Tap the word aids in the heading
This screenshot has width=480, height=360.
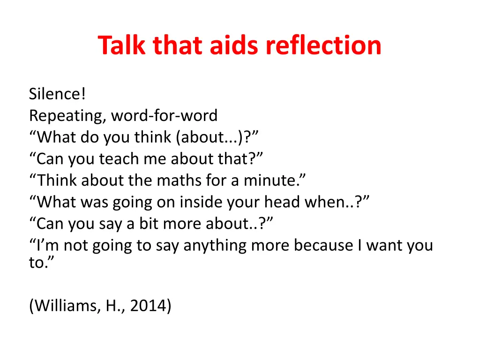[235, 45]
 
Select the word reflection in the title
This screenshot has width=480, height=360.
[323, 45]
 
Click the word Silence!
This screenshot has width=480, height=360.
[57, 94]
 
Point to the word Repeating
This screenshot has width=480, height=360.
[67, 116]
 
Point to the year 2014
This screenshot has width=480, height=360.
[150, 306]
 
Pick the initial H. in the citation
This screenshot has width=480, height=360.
[114, 306]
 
